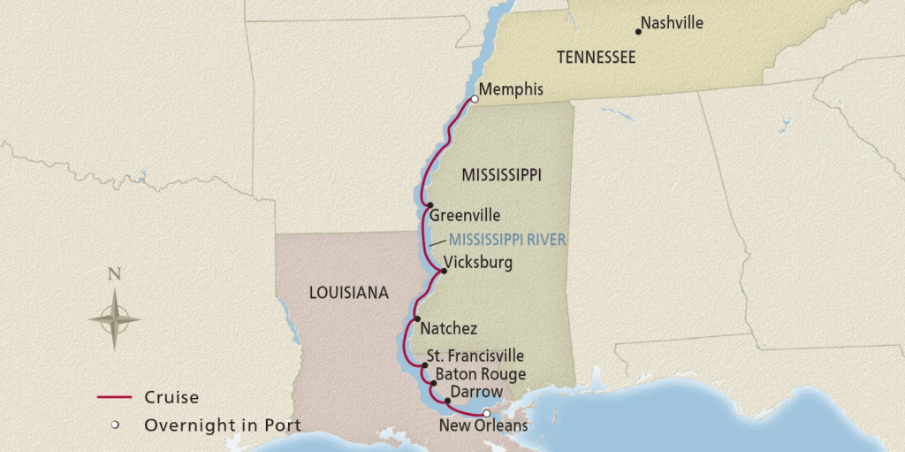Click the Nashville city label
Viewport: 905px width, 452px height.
pyautogui.click(x=672, y=23)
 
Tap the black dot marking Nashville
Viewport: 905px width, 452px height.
pyautogui.click(x=639, y=32)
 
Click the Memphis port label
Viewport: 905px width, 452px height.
pyautogui.click(x=511, y=89)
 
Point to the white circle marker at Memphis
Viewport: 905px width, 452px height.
pyautogui.click(x=475, y=99)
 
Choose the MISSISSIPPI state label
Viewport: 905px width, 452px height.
pyautogui.click(x=501, y=176)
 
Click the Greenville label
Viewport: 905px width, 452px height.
pyautogui.click(x=465, y=215)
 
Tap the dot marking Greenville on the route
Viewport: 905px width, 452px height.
pyautogui.click(x=429, y=206)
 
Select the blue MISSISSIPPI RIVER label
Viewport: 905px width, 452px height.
pyautogui.click(x=507, y=239)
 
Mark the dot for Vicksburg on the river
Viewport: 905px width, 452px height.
pyautogui.click(x=443, y=271)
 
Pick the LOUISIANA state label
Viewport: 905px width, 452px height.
pyautogui.click(x=349, y=293)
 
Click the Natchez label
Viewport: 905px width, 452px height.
pyautogui.click(x=449, y=328)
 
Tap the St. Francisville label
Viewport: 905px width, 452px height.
pyautogui.click(x=475, y=356)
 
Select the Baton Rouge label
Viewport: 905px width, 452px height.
pyautogui.click(x=480, y=374)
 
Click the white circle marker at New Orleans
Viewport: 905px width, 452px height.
pyautogui.click(x=485, y=413)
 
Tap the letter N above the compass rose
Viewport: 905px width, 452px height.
pyautogui.click(x=114, y=273)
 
